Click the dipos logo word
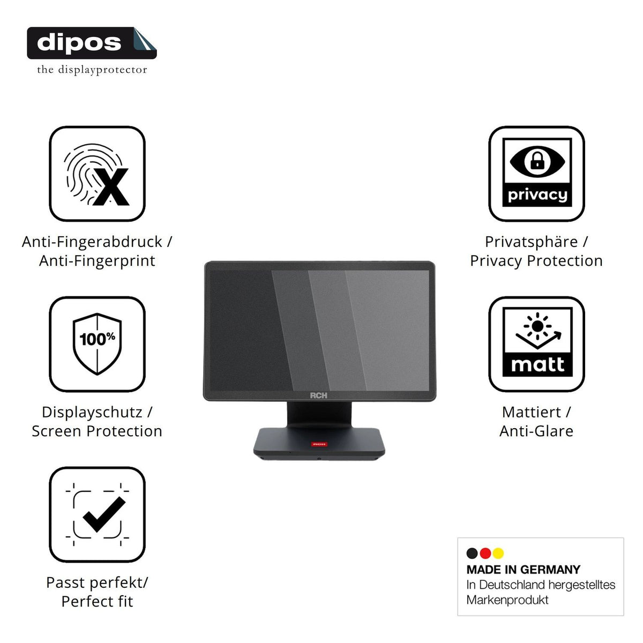pos(79,43)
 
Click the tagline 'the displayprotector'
pos(92,70)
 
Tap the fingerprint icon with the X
pos(96,174)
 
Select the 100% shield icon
pos(97,343)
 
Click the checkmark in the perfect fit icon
pos(104,514)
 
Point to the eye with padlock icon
pos(537,161)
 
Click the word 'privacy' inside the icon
pos(537,195)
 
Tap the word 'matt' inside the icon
pos(537,364)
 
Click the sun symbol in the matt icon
pos(537,326)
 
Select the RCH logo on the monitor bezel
pos(319,395)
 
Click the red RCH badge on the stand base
pos(319,444)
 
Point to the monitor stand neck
pos(319,414)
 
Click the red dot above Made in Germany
pos(485,553)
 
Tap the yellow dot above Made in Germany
pos(498,553)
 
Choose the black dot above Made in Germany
pos(472,553)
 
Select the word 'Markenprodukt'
pos(507,600)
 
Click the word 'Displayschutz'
pos(92,412)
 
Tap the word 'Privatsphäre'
pos(531,242)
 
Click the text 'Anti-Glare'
pos(536,431)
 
